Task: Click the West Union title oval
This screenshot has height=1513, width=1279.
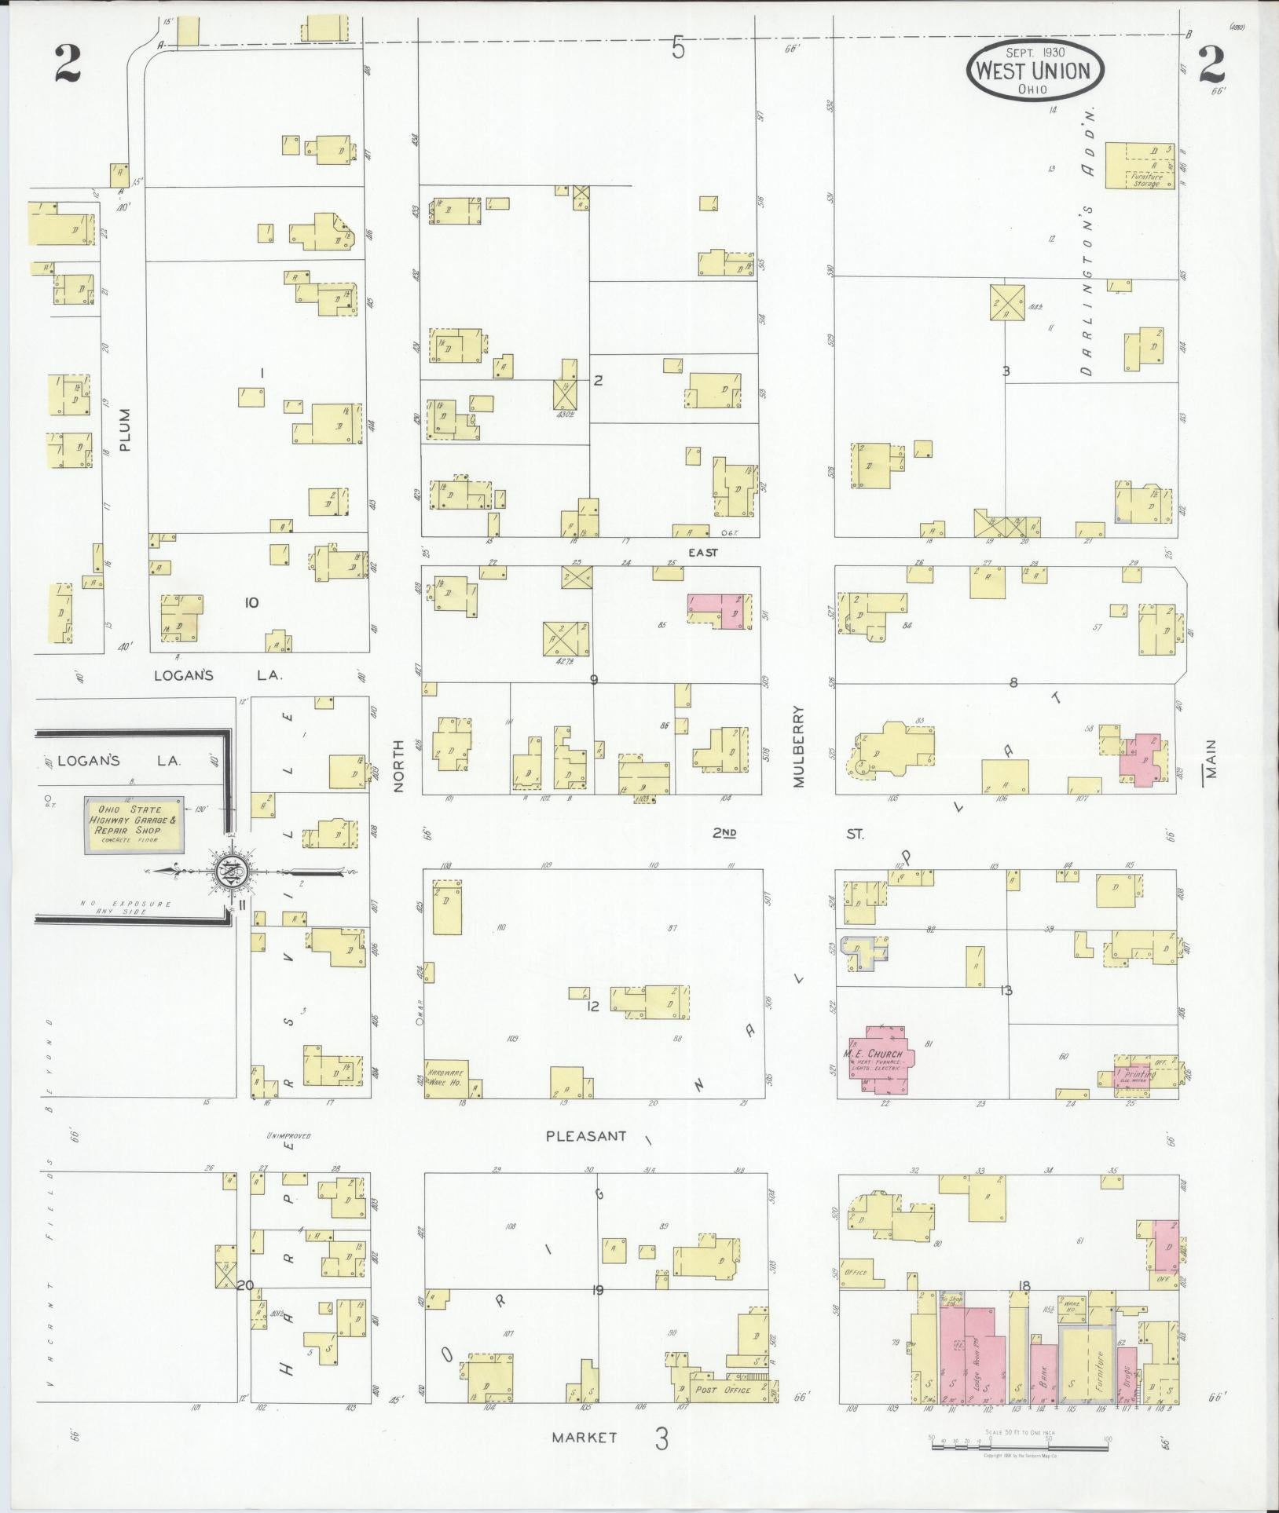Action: click(1035, 71)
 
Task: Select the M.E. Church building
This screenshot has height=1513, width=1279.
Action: click(878, 1059)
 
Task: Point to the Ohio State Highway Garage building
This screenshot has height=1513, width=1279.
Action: click(134, 824)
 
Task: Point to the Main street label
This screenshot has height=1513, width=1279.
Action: click(1211, 758)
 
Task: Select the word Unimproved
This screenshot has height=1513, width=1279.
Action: click(288, 1136)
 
